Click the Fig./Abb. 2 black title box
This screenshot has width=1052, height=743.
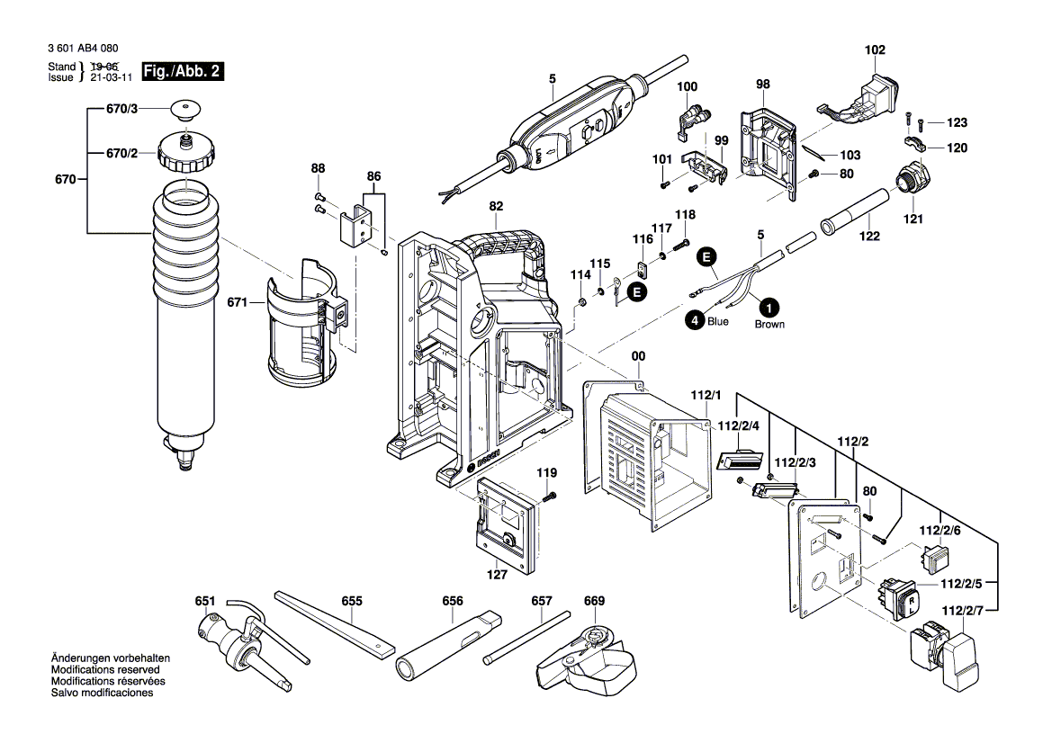[184, 72]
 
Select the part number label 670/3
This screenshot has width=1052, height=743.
[122, 110]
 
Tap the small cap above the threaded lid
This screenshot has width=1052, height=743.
[184, 111]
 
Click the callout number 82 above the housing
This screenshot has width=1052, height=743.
[496, 207]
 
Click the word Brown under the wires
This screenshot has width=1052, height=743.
[769, 325]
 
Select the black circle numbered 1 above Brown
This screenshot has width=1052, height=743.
[769, 304]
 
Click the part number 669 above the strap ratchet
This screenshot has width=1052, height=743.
[595, 601]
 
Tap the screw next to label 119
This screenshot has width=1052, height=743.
[548, 496]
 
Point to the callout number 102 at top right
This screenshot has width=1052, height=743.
[875, 50]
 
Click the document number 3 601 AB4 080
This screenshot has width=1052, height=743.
[80, 49]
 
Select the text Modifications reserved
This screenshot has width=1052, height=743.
[105, 671]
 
